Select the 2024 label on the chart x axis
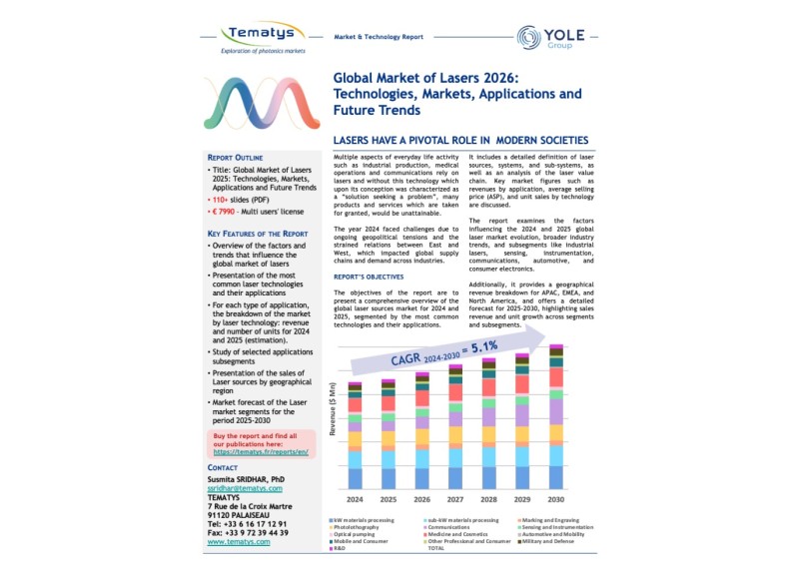(x=356, y=499)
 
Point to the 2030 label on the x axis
(x=556, y=499)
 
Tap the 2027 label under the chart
(x=455, y=499)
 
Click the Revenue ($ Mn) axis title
(x=333, y=434)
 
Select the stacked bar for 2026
(x=421, y=432)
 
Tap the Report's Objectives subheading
(x=369, y=277)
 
